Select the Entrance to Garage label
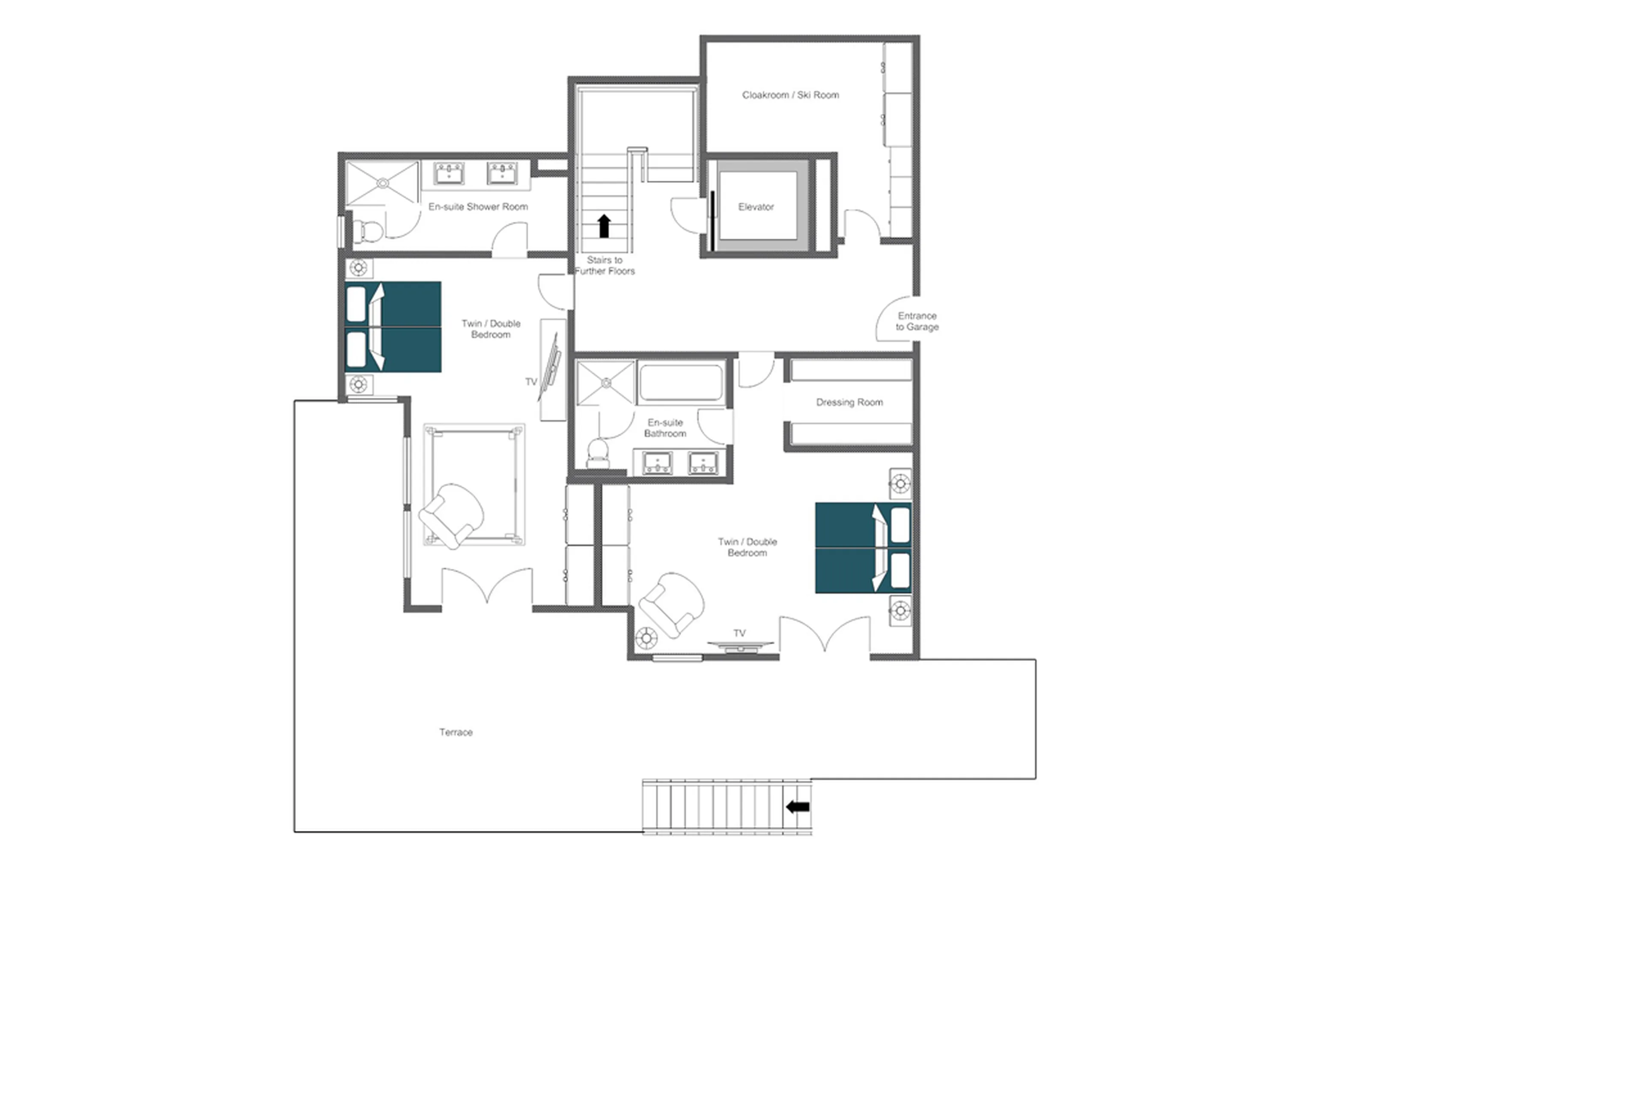coord(917,322)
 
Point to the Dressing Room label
coord(849,403)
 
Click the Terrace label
coord(456,732)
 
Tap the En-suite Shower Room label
coord(478,207)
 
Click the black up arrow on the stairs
coord(605,226)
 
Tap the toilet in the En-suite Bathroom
coord(598,451)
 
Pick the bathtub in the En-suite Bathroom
coord(681,383)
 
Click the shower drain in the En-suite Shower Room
coord(383,183)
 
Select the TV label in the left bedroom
coord(531,382)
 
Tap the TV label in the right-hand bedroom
coord(739,633)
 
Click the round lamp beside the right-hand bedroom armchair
coord(646,637)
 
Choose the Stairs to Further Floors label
coord(605,266)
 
